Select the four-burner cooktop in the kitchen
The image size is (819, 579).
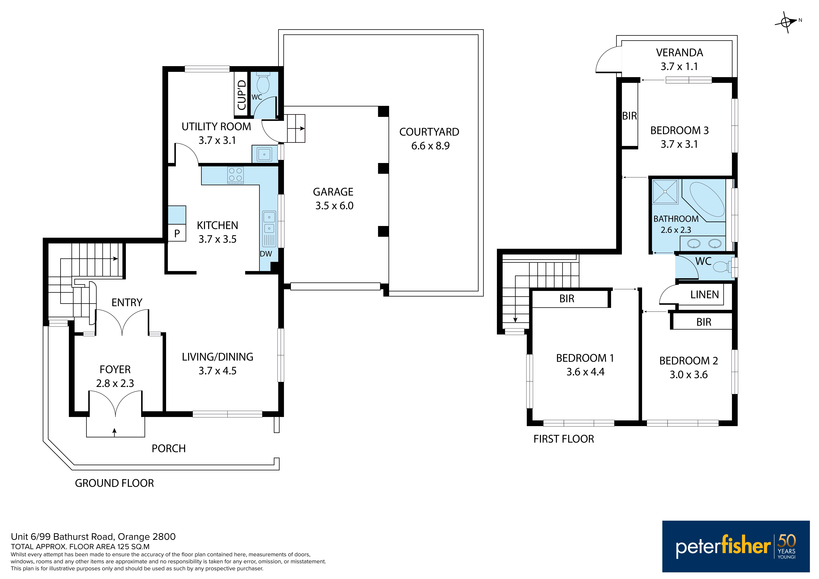235,175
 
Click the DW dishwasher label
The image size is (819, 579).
266,254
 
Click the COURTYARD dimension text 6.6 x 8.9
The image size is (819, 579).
430,146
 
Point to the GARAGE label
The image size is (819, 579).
333,192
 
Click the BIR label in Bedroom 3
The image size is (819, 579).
630,116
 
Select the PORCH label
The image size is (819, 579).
169,449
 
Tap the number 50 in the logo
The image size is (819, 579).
787,541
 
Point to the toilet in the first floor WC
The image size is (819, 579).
722,267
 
